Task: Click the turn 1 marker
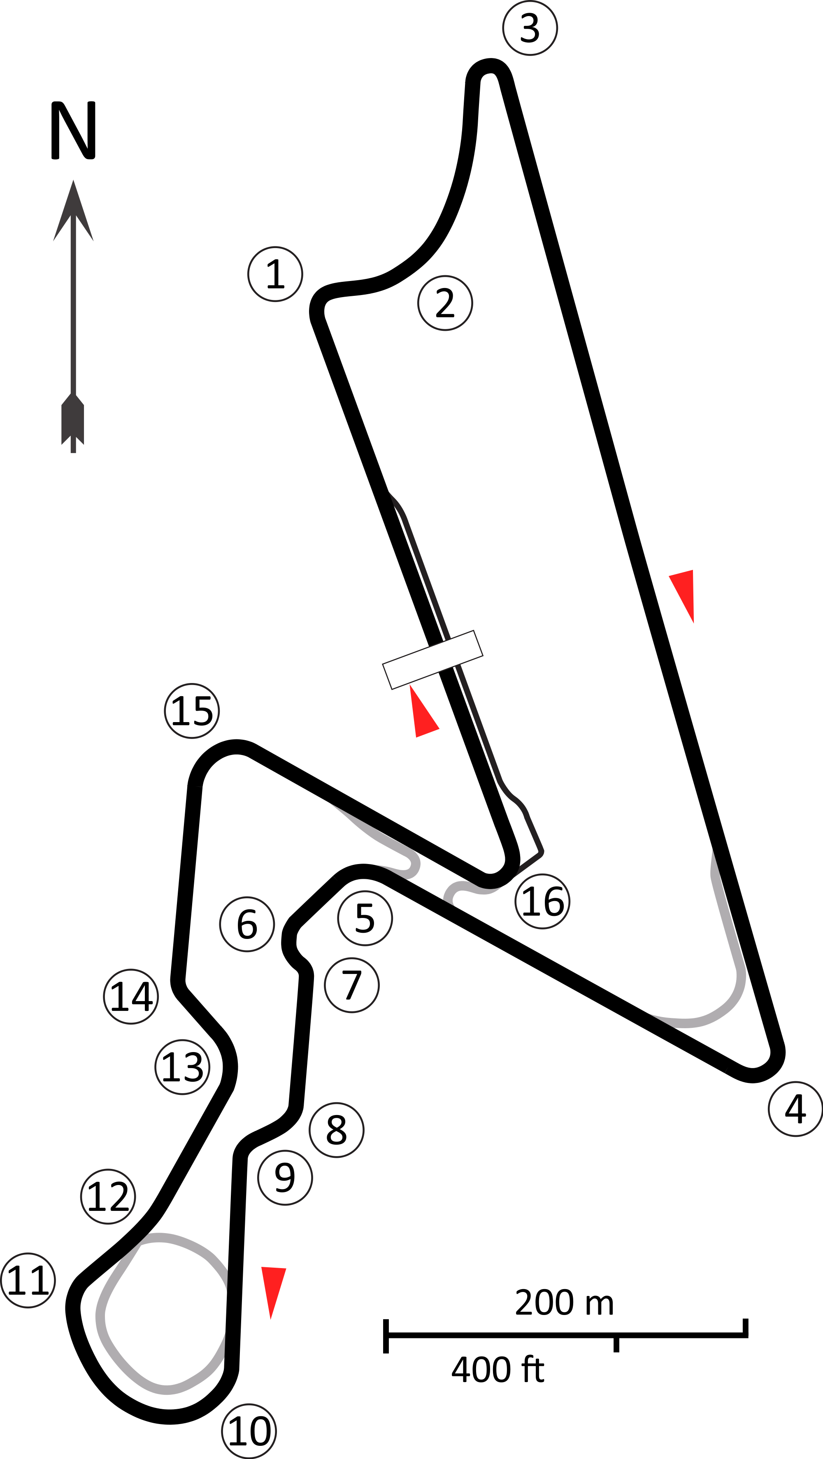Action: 275,274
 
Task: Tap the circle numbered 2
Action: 445,302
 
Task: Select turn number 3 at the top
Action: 530,28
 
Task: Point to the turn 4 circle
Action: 795,1109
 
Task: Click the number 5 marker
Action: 365,918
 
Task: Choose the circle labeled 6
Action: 247,925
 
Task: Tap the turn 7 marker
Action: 352,985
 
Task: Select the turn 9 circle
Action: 285,1178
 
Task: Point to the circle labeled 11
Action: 28,1280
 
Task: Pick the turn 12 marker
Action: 108,1196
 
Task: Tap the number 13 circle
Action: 182,1067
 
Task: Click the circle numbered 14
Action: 131,996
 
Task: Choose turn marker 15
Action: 192,711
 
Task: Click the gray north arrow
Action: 73,317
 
